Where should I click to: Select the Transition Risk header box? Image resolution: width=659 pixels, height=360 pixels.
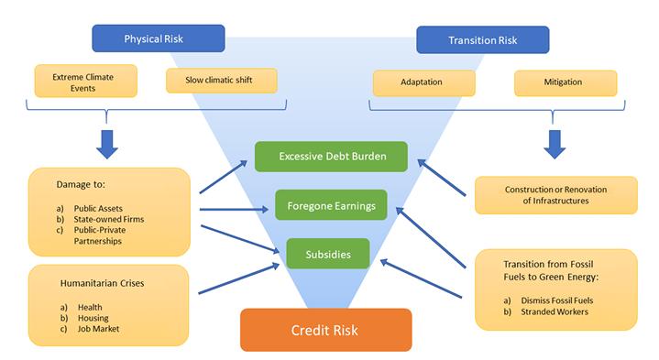click(x=482, y=40)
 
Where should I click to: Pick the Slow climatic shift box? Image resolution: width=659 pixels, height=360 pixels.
click(x=221, y=79)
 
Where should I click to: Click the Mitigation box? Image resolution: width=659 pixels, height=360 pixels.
click(x=564, y=82)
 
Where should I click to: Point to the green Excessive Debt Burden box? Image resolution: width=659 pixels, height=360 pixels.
click(x=332, y=157)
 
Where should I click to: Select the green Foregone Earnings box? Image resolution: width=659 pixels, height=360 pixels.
click(x=332, y=206)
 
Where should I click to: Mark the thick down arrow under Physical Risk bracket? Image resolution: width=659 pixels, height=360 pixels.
click(x=107, y=143)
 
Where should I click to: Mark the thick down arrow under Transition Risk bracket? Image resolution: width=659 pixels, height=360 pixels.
click(x=554, y=143)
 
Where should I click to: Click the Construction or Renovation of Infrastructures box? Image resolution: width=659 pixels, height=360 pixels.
click(x=555, y=195)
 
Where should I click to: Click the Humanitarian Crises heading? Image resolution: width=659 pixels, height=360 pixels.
click(x=95, y=283)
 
